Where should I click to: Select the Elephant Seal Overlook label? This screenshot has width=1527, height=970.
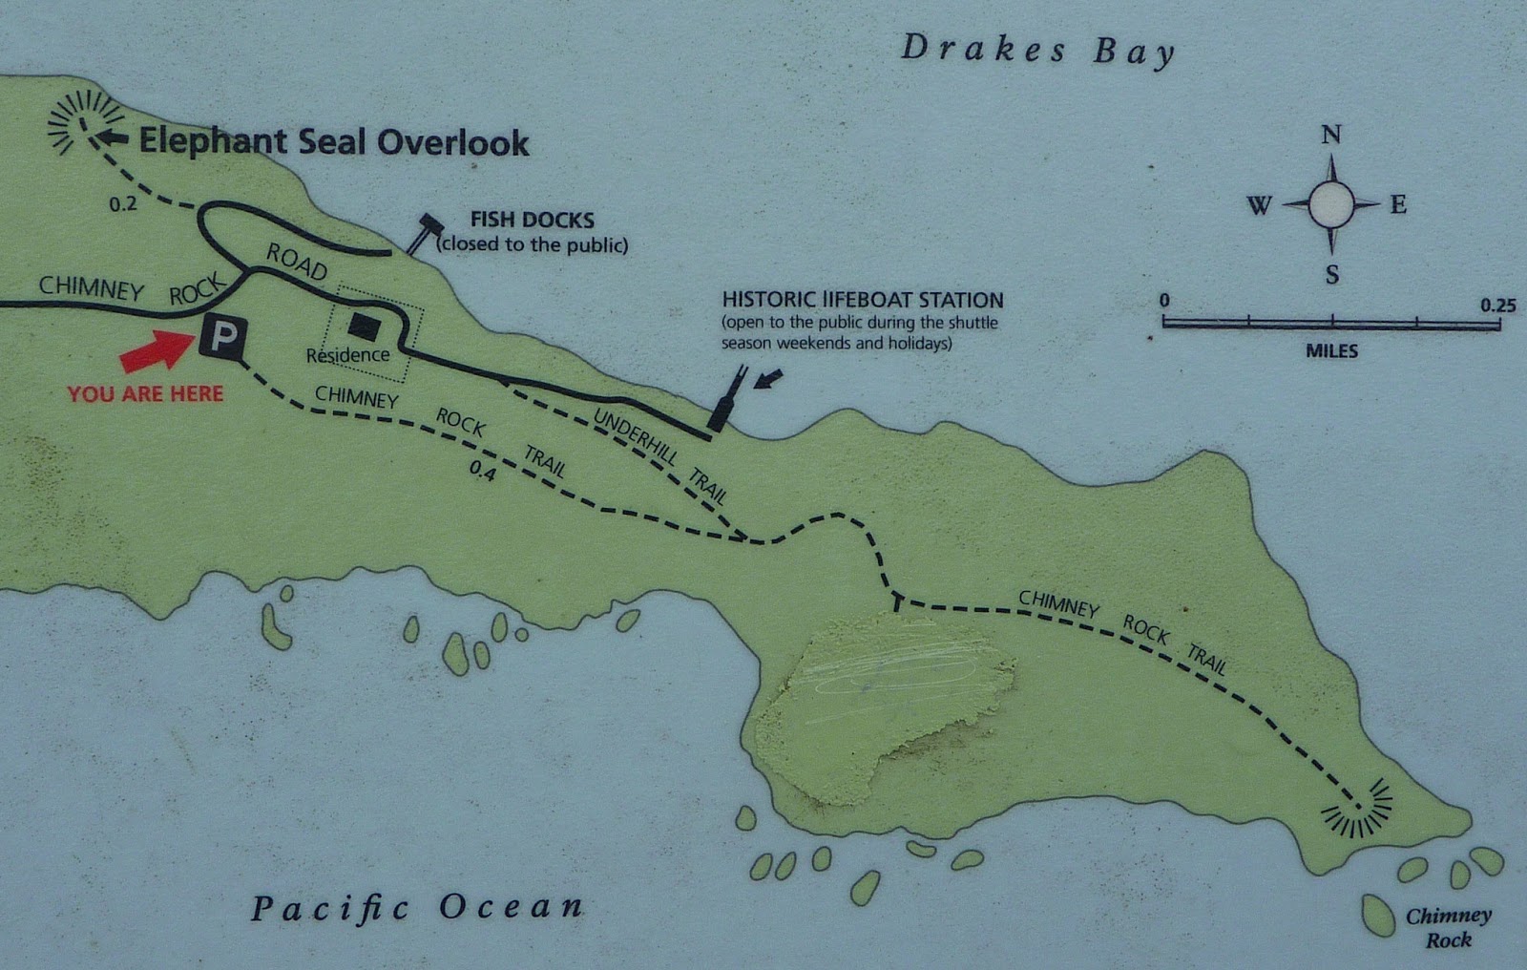334,142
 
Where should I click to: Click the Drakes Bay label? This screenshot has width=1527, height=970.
1037,50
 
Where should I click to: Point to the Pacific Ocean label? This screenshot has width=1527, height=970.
417,908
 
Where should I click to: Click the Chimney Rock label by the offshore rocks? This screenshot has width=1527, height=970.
1448,927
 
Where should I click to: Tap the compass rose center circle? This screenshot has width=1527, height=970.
1330,203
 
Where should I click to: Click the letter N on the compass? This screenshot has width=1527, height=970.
1330,135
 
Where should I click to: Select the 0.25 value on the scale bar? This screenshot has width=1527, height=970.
1497,305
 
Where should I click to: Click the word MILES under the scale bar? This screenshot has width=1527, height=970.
1331,351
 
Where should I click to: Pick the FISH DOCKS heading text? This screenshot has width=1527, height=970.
532,221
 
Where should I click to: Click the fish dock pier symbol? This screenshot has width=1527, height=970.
423,232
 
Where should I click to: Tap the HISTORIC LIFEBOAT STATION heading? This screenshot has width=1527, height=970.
862,300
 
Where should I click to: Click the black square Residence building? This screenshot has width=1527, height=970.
364,326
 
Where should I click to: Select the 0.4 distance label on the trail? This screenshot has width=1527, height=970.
482,471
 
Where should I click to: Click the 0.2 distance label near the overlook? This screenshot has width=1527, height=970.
122,203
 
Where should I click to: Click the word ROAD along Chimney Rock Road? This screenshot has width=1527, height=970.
296,261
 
